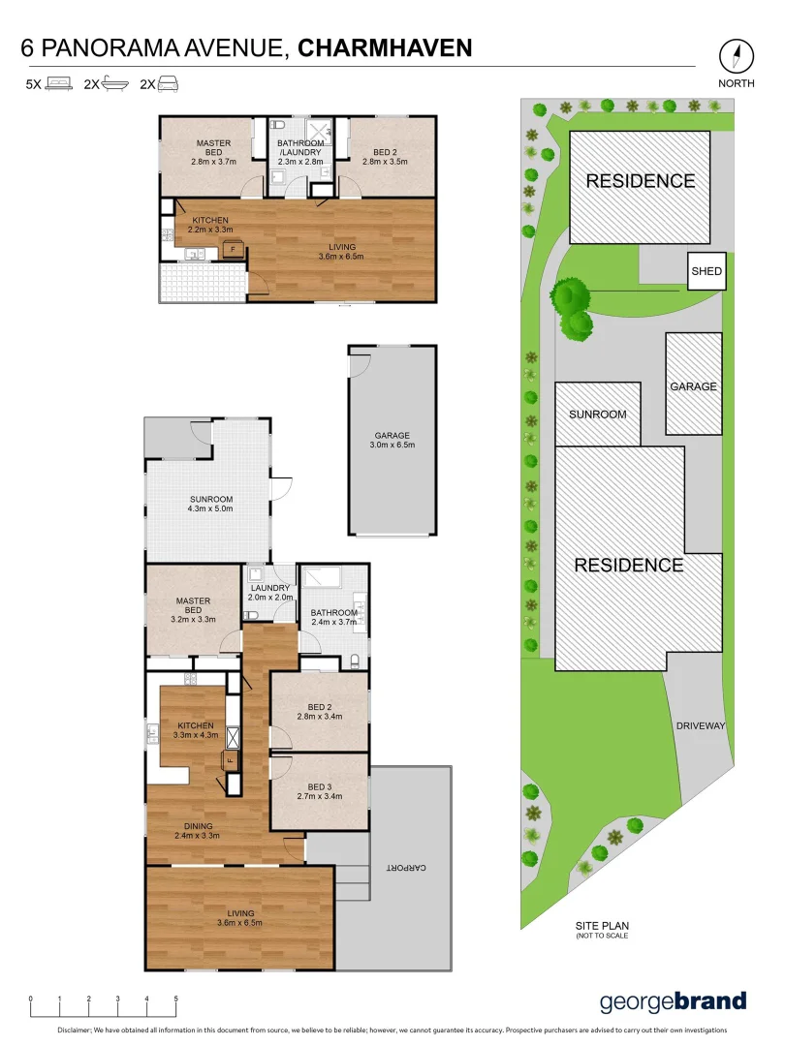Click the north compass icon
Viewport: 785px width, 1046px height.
pos(737,55)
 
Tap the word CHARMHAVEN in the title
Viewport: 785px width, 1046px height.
pos(386,47)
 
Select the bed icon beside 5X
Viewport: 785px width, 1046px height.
pos(60,85)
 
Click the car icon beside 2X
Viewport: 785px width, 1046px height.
pos(168,85)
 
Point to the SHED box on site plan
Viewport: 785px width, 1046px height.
pos(706,271)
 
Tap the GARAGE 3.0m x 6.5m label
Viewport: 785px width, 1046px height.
pos(392,441)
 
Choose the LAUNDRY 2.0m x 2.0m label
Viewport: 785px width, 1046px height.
pos(269,593)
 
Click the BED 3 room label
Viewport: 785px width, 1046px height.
pos(320,791)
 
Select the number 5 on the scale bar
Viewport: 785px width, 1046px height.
pos(175,999)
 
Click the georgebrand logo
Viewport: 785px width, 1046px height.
pos(673,1002)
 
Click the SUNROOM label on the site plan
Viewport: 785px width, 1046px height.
pos(597,414)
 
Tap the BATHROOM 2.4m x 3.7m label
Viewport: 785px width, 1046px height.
pos(333,617)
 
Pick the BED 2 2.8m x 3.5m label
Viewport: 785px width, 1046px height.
pos(385,156)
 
